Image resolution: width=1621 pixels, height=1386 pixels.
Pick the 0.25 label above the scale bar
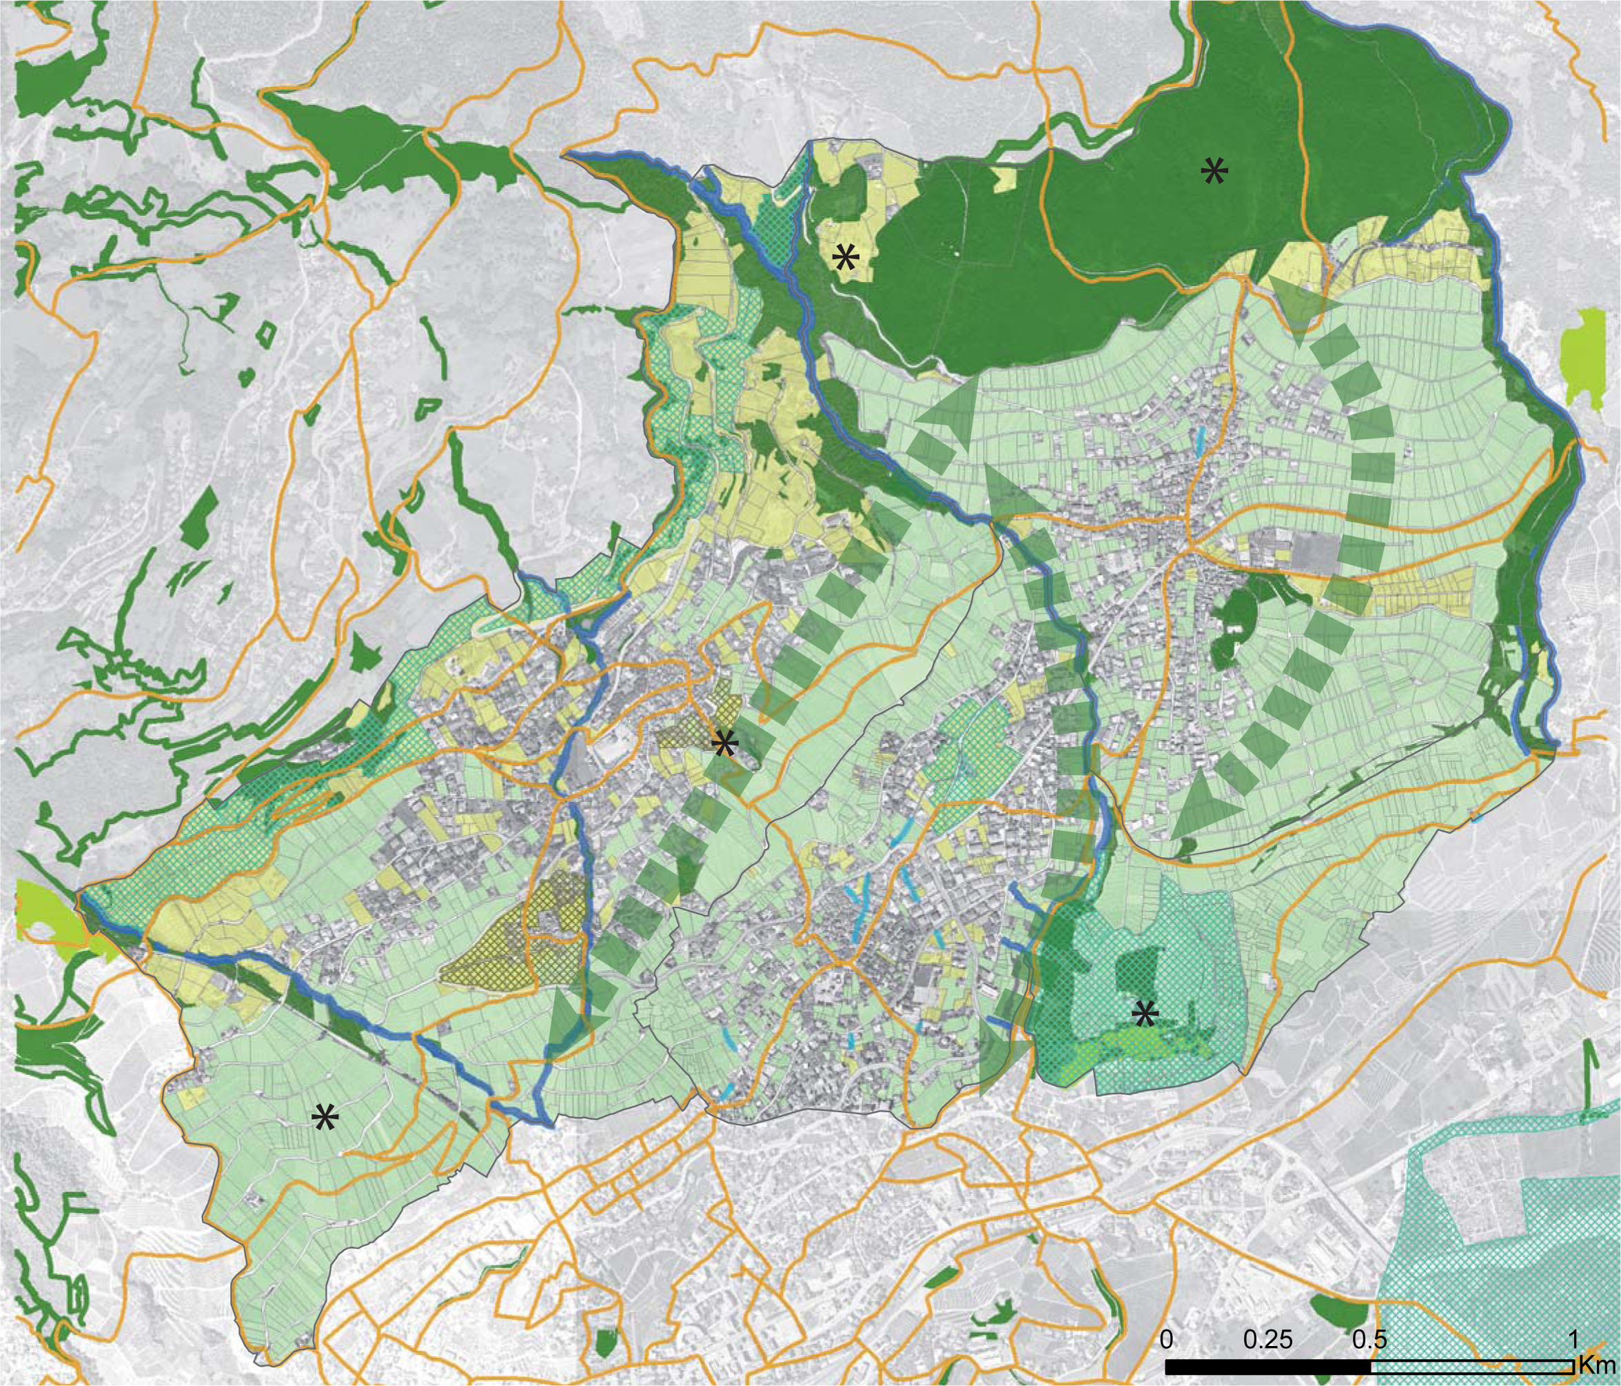(x=1267, y=1339)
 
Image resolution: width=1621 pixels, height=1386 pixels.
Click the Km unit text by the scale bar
(x=1596, y=1365)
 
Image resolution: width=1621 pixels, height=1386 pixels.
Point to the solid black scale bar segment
(x=1267, y=1365)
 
